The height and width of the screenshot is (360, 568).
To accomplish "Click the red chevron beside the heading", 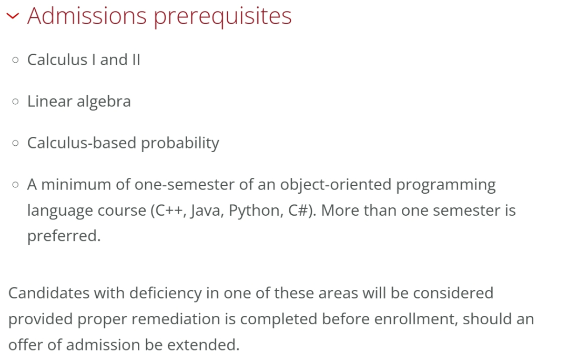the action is pyautogui.click(x=13, y=16).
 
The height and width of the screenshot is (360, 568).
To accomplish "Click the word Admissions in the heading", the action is pyautogui.click(x=87, y=16).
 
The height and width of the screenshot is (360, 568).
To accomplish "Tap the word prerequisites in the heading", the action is pyautogui.click(x=223, y=17).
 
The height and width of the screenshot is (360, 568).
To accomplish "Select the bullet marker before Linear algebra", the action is pyautogui.click(x=15, y=101).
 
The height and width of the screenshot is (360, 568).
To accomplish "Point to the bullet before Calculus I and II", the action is pyautogui.click(x=15, y=59).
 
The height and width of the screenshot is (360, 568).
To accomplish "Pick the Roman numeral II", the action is pyautogui.click(x=136, y=60).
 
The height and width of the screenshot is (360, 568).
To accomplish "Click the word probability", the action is pyautogui.click(x=180, y=143).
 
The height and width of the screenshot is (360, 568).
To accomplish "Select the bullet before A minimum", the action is pyautogui.click(x=15, y=185).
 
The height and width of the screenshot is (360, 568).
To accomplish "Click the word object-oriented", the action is pyautogui.click(x=336, y=185).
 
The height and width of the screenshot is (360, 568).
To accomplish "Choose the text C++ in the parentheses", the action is pyautogui.click(x=169, y=211).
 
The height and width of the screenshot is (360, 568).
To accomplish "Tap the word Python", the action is pyautogui.click(x=256, y=211).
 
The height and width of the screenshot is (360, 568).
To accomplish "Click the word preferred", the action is pyautogui.click(x=64, y=236).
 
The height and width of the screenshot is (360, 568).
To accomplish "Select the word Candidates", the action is pyautogui.click(x=49, y=293).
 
